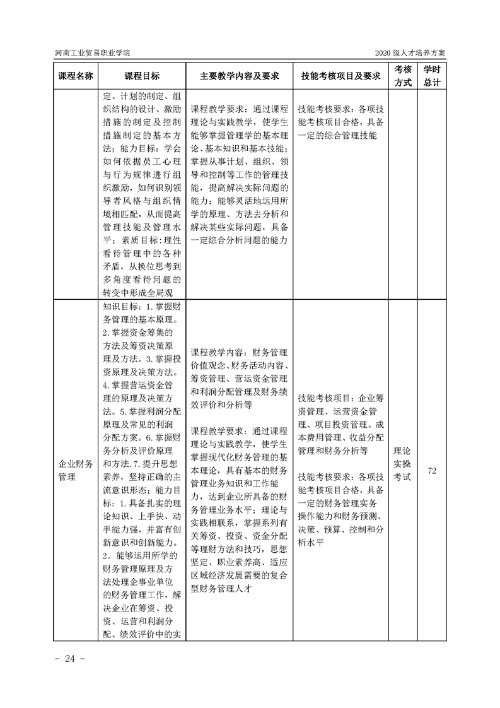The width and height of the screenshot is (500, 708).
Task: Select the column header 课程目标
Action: [x=142, y=76]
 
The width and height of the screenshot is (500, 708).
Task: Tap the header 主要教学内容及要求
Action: [x=239, y=76]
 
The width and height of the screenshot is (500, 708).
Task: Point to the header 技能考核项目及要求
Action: [x=340, y=76]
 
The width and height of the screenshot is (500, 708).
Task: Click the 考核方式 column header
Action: [x=403, y=76]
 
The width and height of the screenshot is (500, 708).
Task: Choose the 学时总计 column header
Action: [x=432, y=76]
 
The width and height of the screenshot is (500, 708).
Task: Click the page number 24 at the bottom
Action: [x=66, y=659]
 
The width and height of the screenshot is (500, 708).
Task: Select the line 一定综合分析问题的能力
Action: [x=239, y=240]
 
